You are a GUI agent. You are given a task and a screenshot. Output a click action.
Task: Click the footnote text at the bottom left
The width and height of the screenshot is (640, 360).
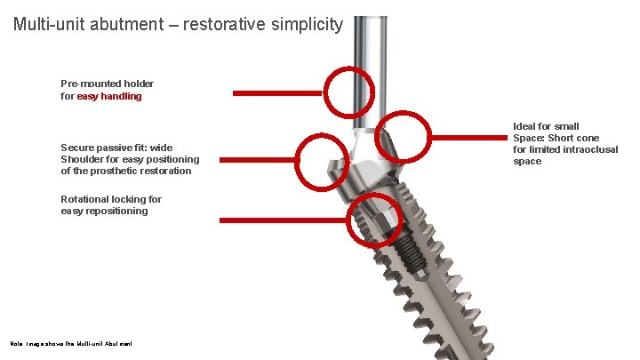70,342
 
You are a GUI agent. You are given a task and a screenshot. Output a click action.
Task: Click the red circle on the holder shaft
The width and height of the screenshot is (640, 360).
348,92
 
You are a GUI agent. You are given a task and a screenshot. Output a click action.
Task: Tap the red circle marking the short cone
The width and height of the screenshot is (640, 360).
403,137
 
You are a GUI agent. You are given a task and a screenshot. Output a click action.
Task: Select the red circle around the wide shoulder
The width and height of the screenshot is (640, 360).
322,160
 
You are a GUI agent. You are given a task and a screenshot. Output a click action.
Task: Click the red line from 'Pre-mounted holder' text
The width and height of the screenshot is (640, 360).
277,92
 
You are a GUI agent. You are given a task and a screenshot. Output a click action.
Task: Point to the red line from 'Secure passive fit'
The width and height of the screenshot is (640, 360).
258,160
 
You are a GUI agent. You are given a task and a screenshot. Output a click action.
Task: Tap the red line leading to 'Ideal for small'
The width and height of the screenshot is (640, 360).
471,137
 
